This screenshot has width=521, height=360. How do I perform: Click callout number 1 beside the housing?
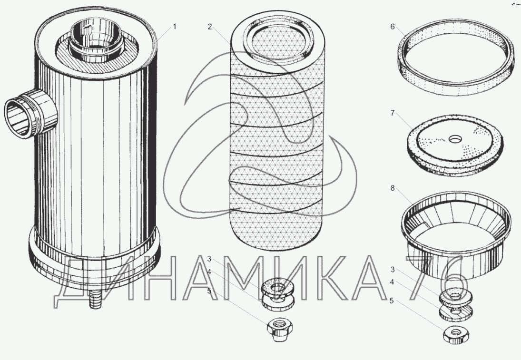(174, 27)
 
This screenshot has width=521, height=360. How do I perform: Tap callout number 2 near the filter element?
(210, 27)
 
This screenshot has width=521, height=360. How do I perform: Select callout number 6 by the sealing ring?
(393, 27)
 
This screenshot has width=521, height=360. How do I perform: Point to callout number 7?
(393, 113)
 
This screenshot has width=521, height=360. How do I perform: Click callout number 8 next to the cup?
(393, 188)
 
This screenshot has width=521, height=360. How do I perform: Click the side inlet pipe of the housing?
(30, 113)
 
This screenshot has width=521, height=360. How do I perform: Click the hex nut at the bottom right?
(456, 334)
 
